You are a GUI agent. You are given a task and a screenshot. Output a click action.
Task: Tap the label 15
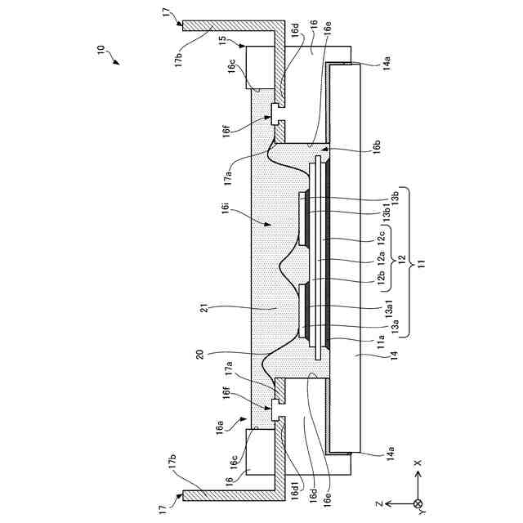tap(223, 40)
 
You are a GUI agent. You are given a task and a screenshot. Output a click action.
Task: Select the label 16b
tap(377, 147)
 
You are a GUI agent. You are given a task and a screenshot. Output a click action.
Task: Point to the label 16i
tap(226, 207)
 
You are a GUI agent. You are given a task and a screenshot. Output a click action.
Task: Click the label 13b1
tap(387, 212)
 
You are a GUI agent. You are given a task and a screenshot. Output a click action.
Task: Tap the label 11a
tap(381, 342)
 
